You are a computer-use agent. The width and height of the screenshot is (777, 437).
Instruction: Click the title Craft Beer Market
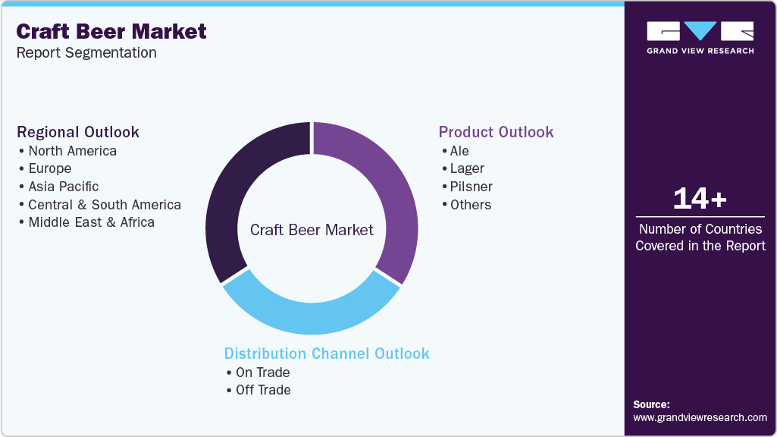point(111,31)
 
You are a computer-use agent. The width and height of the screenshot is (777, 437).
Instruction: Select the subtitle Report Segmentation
point(86,52)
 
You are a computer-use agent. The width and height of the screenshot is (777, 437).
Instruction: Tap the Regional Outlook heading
point(78,132)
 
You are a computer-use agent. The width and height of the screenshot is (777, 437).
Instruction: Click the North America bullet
point(72,150)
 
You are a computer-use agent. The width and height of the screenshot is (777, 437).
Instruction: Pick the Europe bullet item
point(49,168)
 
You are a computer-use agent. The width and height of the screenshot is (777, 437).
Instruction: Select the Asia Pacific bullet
point(63,187)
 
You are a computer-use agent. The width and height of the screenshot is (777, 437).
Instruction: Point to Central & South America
point(105,205)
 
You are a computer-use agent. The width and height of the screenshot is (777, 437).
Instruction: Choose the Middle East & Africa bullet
point(91,222)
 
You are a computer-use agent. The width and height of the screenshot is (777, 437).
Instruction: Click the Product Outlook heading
point(496,132)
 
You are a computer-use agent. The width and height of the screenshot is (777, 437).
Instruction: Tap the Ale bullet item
point(459,150)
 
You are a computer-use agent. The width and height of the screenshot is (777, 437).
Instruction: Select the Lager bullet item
point(466,168)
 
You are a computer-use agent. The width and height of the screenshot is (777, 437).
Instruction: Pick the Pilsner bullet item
point(471,187)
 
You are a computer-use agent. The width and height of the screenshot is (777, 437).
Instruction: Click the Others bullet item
point(470,205)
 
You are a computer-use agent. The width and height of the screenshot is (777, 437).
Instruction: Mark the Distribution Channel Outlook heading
point(327,354)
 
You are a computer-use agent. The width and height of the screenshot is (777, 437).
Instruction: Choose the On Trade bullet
point(262,373)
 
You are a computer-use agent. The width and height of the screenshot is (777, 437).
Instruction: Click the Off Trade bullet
point(262,390)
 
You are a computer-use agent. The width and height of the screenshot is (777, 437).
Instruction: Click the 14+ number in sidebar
point(700,200)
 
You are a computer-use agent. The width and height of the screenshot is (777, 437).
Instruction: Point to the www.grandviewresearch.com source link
point(700,417)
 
